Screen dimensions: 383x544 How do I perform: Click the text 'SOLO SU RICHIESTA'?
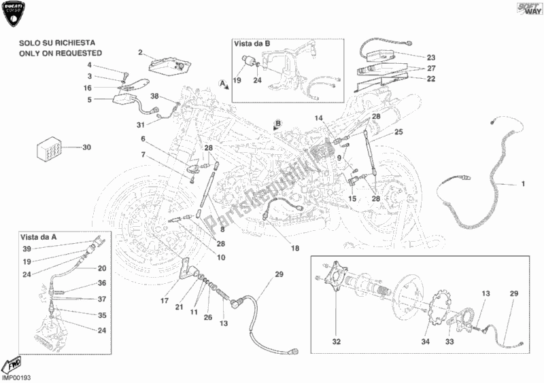[x=61, y=42]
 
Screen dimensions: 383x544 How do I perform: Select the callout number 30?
[x=86, y=147]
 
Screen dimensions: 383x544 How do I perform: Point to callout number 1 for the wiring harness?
[x=523, y=184]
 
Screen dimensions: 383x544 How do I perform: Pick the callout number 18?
[x=295, y=248]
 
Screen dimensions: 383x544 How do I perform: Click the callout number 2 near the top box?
[x=140, y=52]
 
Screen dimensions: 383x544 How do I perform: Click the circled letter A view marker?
[x=222, y=82]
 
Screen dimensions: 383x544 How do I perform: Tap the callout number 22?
[x=431, y=79]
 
